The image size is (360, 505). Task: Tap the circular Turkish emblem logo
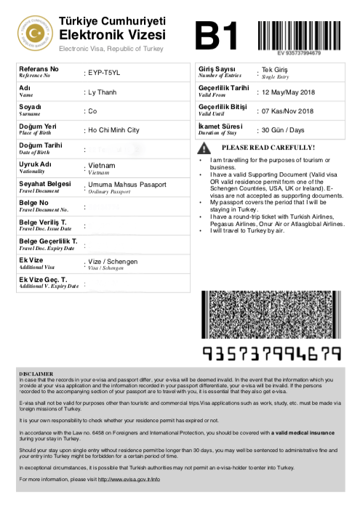coord(34,31)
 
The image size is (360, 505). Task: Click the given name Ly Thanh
coord(103,92)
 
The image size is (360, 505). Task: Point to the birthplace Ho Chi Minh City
coord(113,130)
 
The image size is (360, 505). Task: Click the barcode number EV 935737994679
coord(299,53)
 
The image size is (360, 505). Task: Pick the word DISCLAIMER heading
coord(36,372)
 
